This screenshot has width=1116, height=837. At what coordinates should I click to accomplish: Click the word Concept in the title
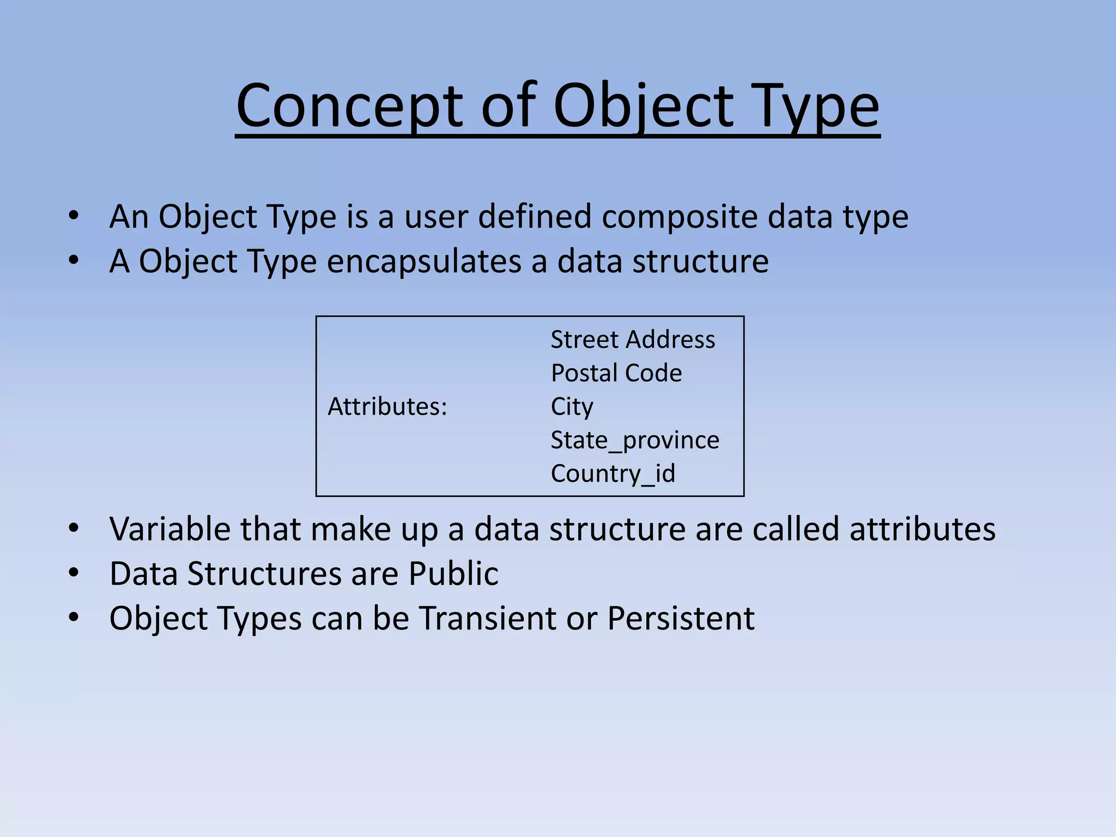[349, 106]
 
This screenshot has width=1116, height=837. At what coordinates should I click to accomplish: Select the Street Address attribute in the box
[632, 339]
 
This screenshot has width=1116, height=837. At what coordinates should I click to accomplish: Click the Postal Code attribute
[616, 373]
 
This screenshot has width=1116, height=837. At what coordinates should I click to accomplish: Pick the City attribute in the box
[572, 407]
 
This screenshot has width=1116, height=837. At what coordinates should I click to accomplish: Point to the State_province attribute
[634, 440]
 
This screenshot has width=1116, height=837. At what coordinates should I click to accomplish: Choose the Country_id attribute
[612, 474]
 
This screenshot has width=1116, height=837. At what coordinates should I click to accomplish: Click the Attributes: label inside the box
[387, 407]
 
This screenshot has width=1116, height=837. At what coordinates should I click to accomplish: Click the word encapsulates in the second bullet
[423, 262]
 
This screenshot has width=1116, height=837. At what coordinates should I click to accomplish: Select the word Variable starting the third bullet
[169, 529]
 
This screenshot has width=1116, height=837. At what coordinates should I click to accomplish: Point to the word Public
[453, 574]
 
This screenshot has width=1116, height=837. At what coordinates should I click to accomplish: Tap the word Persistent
[681, 618]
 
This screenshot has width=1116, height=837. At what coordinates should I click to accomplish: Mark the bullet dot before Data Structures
[74, 573]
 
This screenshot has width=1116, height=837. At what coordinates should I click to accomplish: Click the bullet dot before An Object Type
[74, 216]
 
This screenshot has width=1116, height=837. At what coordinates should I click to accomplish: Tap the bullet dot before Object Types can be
[74, 617]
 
